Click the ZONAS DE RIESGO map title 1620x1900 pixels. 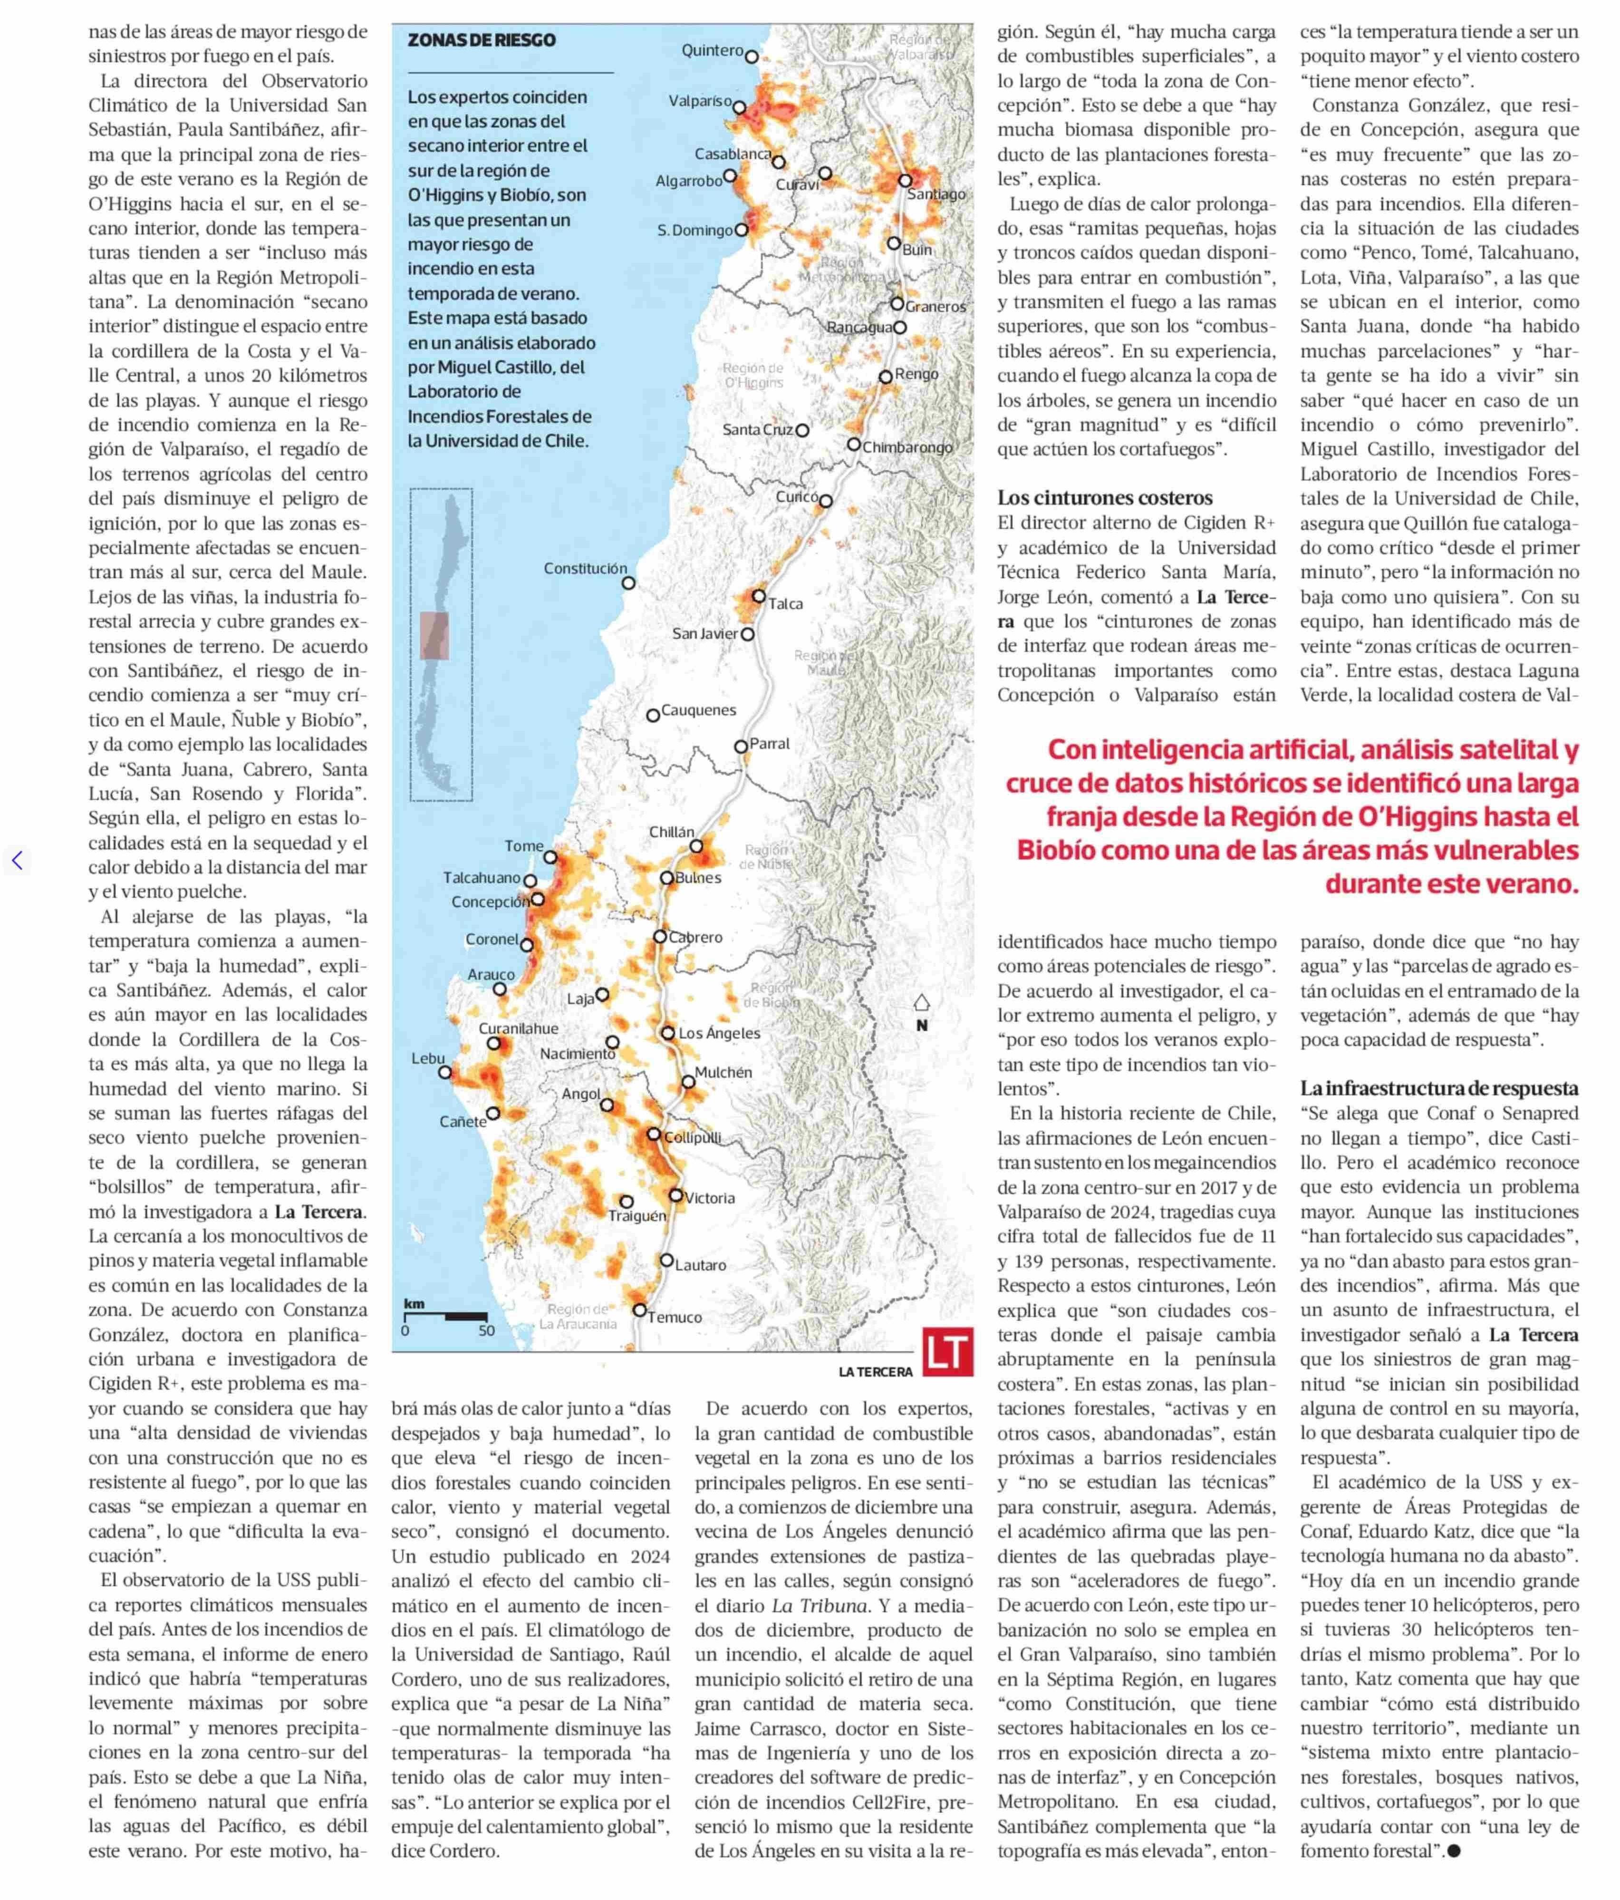[482, 40]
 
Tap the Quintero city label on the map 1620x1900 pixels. [712, 50]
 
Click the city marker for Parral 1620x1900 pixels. [741, 746]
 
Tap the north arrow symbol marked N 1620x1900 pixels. [921, 1003]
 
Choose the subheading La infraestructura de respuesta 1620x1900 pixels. [1438, 1088]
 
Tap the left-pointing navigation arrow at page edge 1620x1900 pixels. [17, 860]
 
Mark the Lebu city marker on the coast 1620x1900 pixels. [444, 1072]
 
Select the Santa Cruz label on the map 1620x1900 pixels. [757, 429]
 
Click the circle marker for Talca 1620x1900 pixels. [758, 596]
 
